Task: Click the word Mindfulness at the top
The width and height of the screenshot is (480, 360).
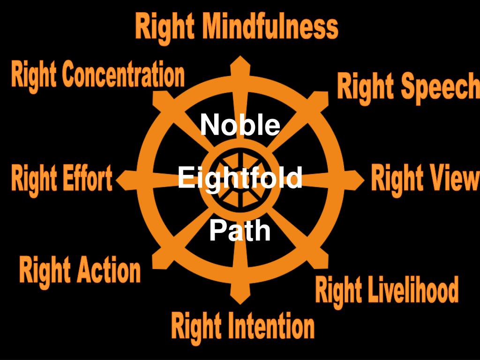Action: (270, 27)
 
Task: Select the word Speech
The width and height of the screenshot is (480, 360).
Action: (440, 87)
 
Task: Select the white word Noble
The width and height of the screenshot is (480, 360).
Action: (240, 125)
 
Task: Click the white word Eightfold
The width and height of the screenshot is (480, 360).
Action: (240, 179)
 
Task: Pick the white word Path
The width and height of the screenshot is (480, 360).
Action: (240, 231)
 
